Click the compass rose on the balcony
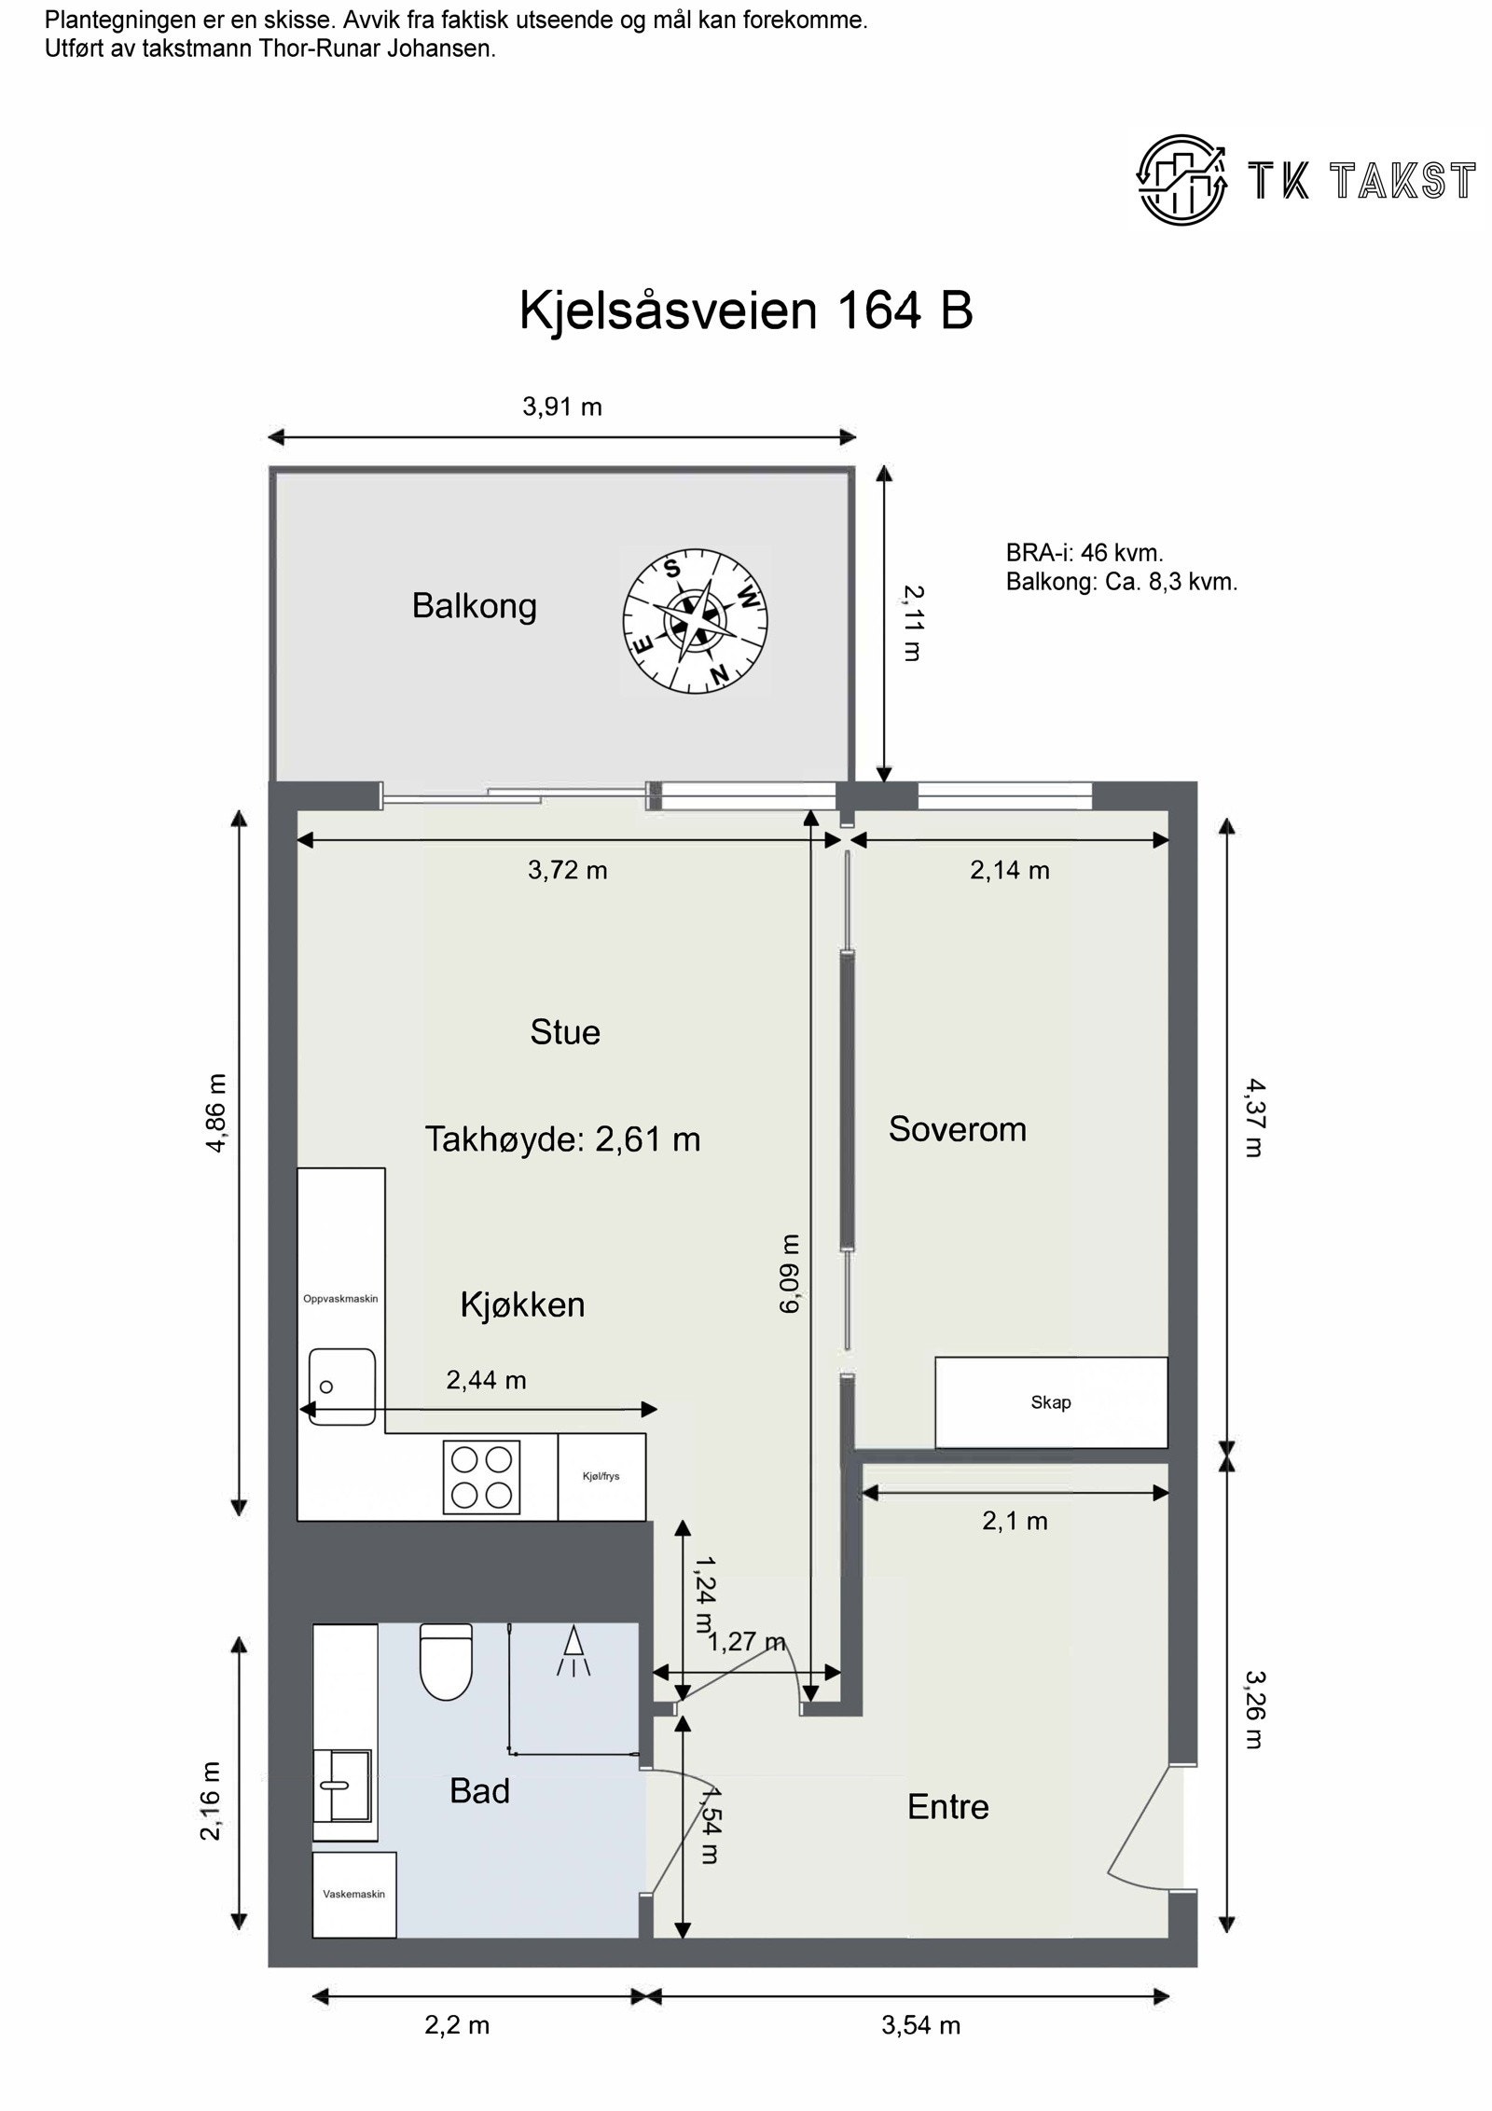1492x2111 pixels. pyautogui.click(x=695, y=620)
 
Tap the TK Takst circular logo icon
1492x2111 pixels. pyautogui.click(x=1180, y=179)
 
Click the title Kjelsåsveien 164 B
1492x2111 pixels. pyautogui.click(x=746, y=310)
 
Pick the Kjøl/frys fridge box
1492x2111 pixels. pyautogui.click(x=601, y=1477)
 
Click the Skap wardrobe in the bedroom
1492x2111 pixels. pyautogui.click(x=1051, y=1403)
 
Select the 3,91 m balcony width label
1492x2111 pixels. pyautogui.click(x=561, y=407)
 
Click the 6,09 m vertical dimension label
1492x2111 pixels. pyautogui.click(x=790, y=1274)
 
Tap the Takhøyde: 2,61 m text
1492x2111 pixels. pyautogui.click(x=562, y=1139)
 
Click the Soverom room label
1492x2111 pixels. pyautogui.click(x=957, y=1129)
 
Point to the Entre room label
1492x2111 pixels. pyautogui.click(x=947, y=1807)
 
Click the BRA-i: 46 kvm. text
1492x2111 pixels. pyautogui.click(x=1084, y=553)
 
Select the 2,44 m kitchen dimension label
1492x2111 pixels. pyautogui.click(x=486, y=1380)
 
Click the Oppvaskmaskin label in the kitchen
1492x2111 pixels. pyautogui.click(x=340, y=1299)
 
